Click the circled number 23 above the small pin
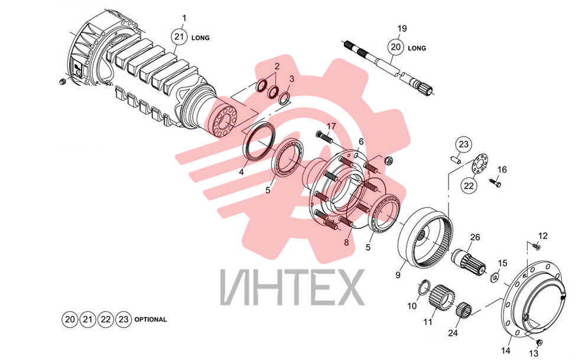click(x=463, y=144)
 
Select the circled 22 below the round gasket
click(x=469, y=186)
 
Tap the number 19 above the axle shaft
click(x=402, y=29)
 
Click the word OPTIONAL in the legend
click(x=151, y=319)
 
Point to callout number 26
click(x=475, y=237)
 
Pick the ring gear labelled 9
click(x=426, y=237)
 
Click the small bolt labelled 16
click(x=495, y=183)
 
